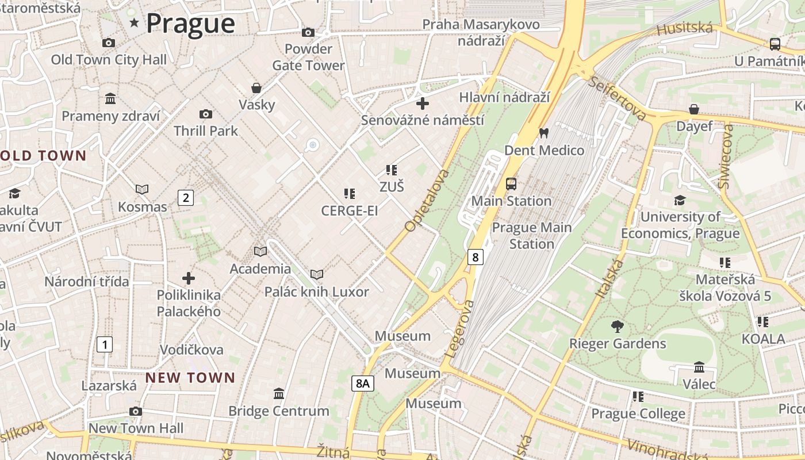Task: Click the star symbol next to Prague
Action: [x=135, y=23]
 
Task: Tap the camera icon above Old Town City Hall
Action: [x=108, y=43]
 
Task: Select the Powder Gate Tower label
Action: [x=308, y=57]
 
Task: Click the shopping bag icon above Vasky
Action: [x=256, y=88]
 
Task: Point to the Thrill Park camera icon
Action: [x=205, y=114]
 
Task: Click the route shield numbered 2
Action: [x=185, y=198]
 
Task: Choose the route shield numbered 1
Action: [x=104, y=345]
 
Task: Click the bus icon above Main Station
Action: [x=511, y=184]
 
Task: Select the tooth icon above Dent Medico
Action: [x=543, y=133]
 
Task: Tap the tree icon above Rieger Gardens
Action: [x=618, y=327]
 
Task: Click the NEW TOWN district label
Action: [x=190, y=378]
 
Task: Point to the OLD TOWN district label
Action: [x=43, y=156]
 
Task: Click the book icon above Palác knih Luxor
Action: [x=316, y=274]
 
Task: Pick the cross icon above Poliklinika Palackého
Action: [x=189, y=278]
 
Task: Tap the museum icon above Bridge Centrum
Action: [x=279, y=393]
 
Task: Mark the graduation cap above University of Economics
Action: [x=680, y=200]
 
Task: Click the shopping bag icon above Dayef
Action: [x=694, y=109]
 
